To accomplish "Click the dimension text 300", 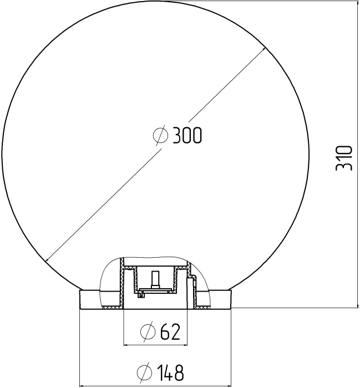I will [187, 135].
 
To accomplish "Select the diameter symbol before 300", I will [160, 135].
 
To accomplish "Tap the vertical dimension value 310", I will [344, 157].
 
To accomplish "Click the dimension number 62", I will [170, 332].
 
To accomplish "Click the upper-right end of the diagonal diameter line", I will [264, 48].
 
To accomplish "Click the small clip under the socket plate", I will [143, 294].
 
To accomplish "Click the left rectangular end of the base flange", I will [89, 299].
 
